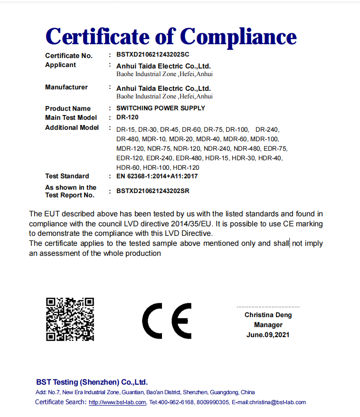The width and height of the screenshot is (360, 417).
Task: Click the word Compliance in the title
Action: point(238,36)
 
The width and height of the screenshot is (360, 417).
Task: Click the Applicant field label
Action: point(60,65)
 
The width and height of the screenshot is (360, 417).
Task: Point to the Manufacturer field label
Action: point(66,87)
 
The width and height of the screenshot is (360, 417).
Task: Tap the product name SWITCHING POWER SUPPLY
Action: point(161,108)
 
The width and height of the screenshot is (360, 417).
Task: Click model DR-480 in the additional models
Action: point(127,139)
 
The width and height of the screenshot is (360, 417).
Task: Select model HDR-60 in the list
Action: point(128,167)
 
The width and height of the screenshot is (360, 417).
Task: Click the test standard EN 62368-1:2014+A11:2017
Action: point(157,176)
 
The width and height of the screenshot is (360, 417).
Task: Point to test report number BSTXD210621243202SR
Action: point(152,191)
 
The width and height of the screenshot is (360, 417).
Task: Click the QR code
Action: point(70,319)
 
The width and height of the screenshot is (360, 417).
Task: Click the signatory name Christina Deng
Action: point(268,315)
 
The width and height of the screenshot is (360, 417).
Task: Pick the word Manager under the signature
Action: point(268,325)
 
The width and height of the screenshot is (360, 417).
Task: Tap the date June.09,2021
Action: point(268,335)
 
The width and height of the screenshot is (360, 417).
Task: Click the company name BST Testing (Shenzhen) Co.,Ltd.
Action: point(92,382)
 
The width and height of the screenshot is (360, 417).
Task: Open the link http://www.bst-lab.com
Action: point(117,402)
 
